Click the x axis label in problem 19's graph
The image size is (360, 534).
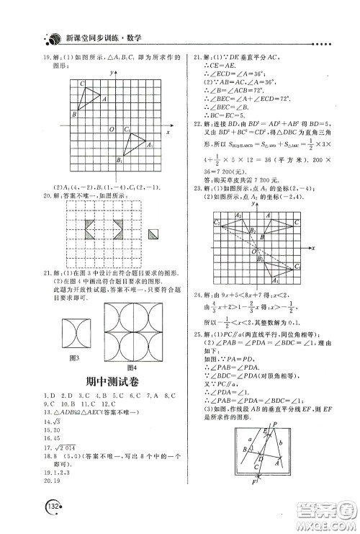(167, 133)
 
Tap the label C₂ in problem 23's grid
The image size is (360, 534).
(217, 223)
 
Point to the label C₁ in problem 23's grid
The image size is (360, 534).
(297, 267)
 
